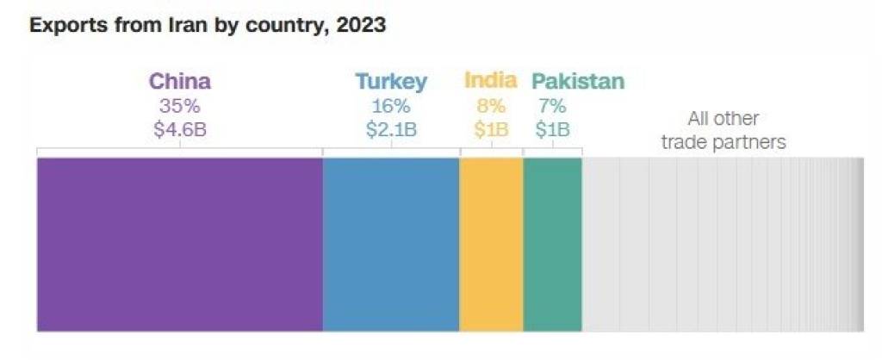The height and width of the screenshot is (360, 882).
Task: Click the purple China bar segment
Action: pyautogui.click(x=179, y=244)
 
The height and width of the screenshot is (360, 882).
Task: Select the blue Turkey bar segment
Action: pyautogui.click(x=391, y=244)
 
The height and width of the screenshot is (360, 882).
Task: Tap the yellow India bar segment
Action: pyautogui.click(x=491, y=244)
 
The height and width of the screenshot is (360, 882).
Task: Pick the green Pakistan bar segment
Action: pyautogui.click(x=552, y=244)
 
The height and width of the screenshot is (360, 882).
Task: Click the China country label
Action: pyautogui.click(x=179, y=82)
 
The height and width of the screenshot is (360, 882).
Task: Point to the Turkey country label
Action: pyautogui.click(x=391, y=83)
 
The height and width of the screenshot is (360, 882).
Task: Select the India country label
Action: pyautogui.click(x=491, y=81)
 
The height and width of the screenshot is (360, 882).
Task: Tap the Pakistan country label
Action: pyautogui.click(x=578, y=82)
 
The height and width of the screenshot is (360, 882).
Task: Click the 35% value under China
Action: pyautogui.click(x=179, y=107)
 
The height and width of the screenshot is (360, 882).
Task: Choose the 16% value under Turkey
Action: pyautogui.click(x=391, y=107)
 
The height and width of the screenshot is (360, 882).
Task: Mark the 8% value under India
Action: pyautogui.click(x=491, y=107)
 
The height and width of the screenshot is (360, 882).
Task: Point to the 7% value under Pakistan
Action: pyautogui.click(x=552, y=107)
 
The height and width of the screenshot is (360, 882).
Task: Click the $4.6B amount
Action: pyautogui.click(x=179, y=131)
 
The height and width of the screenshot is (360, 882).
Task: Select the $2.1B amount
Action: pyautogui.click(x=391, y=131)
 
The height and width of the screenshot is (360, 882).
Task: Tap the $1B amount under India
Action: pyautogui.click(x=491, y=131)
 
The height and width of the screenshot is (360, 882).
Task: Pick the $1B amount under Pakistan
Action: pyautogui.click(x=552, y=131)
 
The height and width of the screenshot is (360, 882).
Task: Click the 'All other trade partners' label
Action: pyautogui.click(x=724, y=131)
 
